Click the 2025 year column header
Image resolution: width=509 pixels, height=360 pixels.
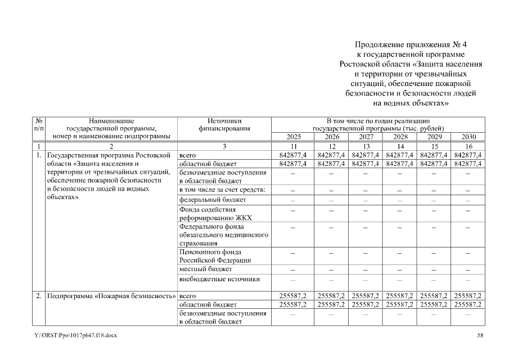[x=292, y=137]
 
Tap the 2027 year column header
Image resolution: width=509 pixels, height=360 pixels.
[x=366, y=137]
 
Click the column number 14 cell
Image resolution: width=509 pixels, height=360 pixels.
[x=400, y=146]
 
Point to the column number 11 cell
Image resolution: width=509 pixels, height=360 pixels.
[x=292, y=146]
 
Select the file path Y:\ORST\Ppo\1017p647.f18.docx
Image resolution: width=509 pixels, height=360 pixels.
[x=75, y=335]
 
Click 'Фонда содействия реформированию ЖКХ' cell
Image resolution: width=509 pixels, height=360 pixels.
[x=215, y=214]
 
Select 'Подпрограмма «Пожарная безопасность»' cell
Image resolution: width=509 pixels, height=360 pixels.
[x=111, y=295]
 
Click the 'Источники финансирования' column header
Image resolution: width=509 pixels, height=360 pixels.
[x=224, y=124]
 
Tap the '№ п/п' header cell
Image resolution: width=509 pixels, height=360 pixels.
[x=39, y=124]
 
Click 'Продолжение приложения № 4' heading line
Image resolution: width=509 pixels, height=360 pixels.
[x=411, y=44]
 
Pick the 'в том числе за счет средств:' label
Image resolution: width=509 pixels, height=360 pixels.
[x=222, y=190]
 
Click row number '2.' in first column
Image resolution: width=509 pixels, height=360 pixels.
[x=39, y=295]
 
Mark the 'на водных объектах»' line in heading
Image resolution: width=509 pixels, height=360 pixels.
[x=411, y=103]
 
